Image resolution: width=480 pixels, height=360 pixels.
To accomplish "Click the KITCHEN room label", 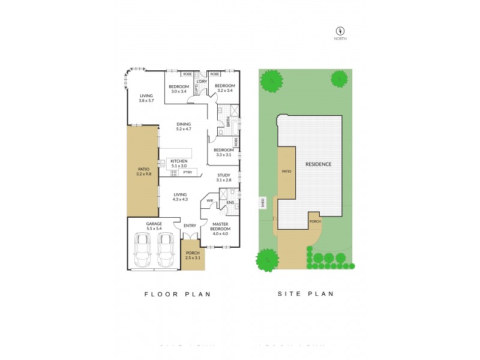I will pos(179,164).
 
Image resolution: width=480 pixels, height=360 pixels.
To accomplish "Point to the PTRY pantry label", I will pos(187,173).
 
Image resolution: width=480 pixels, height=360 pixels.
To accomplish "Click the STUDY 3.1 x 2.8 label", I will pos(224,178).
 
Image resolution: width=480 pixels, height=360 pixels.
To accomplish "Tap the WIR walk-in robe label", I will pos(210,200).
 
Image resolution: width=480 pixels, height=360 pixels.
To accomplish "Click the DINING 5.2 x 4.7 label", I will pos(184,127).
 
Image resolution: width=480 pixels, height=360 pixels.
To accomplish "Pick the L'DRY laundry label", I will pos(202,81).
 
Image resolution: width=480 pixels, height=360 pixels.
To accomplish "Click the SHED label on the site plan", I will pos(263,202).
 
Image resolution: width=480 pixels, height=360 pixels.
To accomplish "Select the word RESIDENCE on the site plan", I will pos(319,164).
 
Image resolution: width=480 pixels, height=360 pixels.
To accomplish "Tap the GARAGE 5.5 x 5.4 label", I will pos(155,226).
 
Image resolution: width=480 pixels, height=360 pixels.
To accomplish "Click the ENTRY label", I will pos(190,226).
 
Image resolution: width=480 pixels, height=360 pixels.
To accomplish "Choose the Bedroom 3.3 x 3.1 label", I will pos(224,152).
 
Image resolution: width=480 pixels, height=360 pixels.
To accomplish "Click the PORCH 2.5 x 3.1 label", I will pos(193,255).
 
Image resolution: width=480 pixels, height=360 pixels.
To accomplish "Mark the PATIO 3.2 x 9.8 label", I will pos(142,172).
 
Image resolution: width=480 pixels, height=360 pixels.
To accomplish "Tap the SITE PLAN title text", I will pos(305,294).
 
